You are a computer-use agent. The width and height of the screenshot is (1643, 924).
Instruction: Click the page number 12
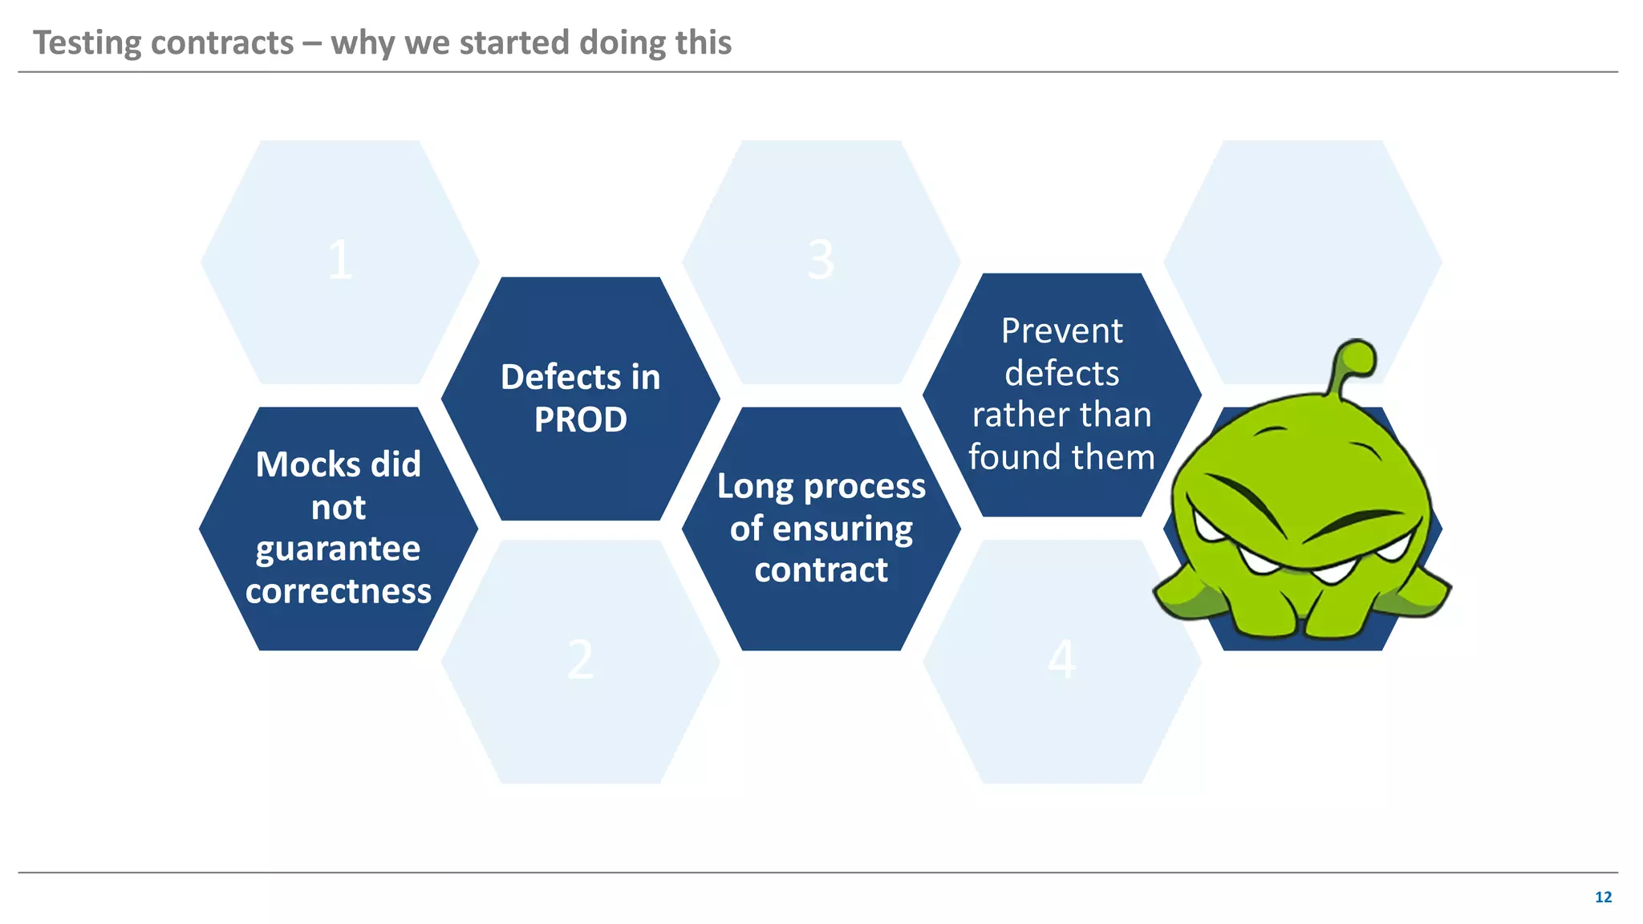tap(1603, 898)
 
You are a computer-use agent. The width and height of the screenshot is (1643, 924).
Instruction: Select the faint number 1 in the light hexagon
tap(340, 261)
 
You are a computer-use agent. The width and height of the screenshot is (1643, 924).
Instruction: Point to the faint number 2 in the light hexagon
tap(580, 661)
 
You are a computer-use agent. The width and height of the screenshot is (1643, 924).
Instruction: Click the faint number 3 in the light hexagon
tap(821, 261)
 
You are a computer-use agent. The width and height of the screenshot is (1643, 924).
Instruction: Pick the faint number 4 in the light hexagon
tap(1061, 661)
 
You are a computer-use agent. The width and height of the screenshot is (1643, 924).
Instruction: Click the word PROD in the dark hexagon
tap(580, 420)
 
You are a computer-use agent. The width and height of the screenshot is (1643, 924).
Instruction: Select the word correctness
tap(338, 592)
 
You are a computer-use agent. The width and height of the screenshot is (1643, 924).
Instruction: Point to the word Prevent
tap(1061, 331)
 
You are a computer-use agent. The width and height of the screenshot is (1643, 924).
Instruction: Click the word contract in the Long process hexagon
tap(821, 570)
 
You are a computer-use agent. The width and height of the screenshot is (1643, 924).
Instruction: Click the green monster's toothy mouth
tap(1300, 561)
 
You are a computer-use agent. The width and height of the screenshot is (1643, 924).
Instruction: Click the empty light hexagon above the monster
tap(1302, 241)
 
